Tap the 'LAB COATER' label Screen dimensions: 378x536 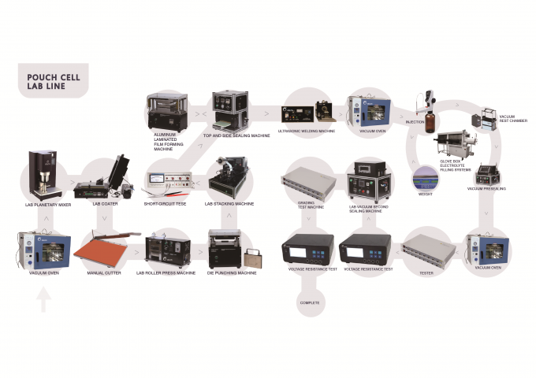tap(104, 204)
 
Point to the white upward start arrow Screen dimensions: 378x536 tap(44, 301)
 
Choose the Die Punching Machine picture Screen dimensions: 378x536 tap(224, 249)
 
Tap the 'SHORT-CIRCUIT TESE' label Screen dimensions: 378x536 tap(166, 204)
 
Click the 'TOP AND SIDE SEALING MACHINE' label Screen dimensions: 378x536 tap(236, 135)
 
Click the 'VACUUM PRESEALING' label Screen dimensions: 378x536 tap(486, 189)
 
